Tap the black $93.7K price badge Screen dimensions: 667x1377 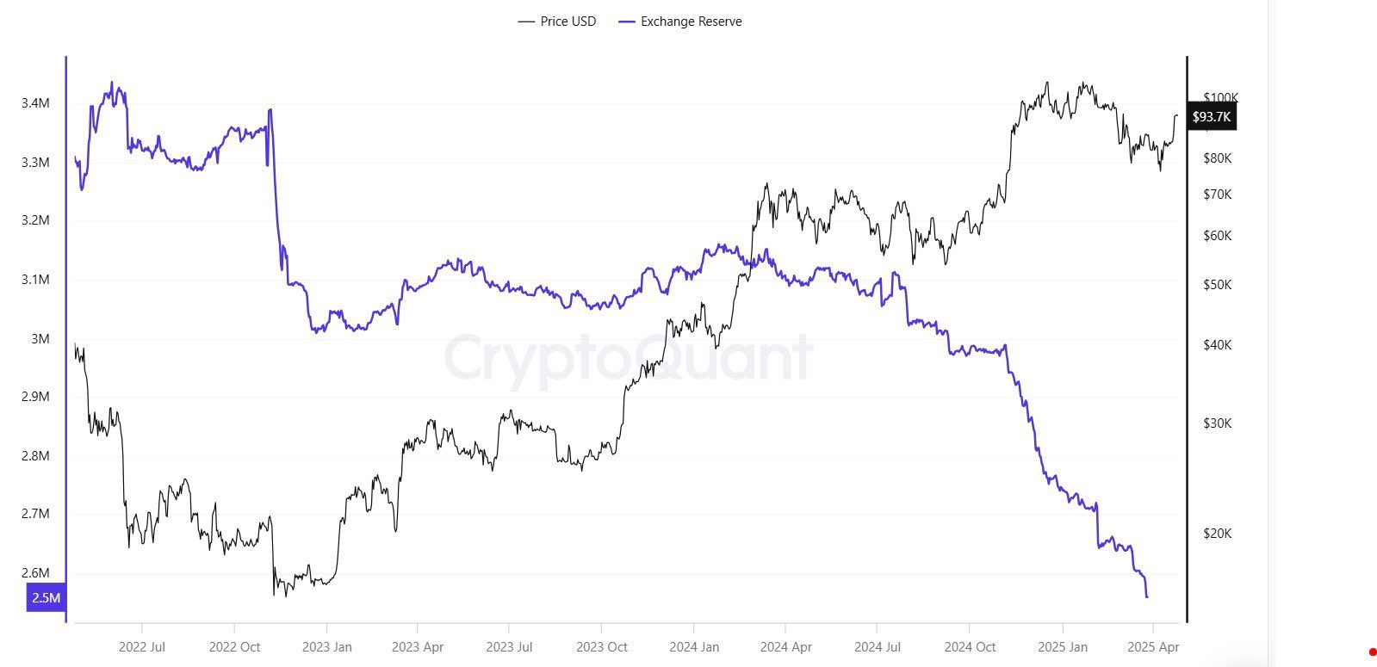[1212, 117]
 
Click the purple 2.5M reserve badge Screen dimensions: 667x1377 [46, 598]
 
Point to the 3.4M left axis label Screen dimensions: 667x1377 [35, 103]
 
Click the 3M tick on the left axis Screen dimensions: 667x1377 [40, 339]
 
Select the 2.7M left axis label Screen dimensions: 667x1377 [35, 514]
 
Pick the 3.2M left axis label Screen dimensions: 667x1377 [35, 220]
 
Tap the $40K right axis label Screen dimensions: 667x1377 [1218, 345]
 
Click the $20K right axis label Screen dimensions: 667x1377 [1218, 534]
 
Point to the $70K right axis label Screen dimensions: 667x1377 [1218, 195]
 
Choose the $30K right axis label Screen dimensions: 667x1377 [1218, 423]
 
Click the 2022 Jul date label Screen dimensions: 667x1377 [142, 647]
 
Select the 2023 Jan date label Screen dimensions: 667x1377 [326, 647]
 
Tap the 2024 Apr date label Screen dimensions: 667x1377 [786, 647]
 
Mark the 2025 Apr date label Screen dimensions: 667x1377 [1153, 647]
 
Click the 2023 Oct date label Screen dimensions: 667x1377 [602, 647]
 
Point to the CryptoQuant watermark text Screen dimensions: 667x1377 [628, 357]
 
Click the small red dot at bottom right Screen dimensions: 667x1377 [1372, 652]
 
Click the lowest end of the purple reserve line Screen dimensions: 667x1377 [1147, 596]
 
